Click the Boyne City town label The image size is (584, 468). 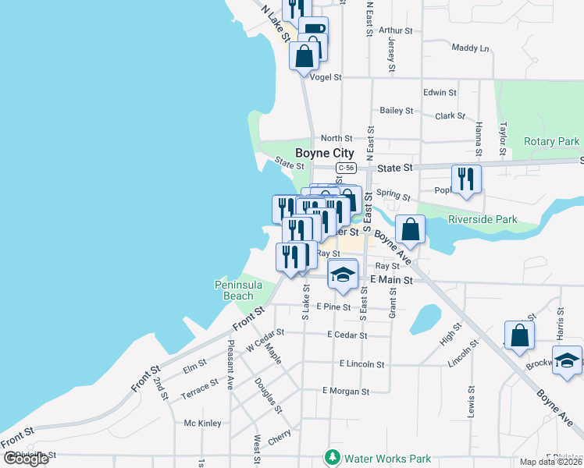point(324,153)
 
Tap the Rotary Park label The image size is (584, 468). point(552,141)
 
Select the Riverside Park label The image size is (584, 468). point(483,220)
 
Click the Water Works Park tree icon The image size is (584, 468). point(333,458)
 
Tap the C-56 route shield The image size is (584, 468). point(347,168)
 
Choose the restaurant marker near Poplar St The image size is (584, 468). point(466,179)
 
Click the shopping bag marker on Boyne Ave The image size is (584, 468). point(410,229)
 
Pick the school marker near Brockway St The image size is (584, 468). point(567,360)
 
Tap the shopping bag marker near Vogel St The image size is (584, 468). point(304,55)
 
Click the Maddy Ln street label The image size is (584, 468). point(470,48)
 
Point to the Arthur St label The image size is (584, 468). point(395,31)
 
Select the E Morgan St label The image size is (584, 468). point(344,390)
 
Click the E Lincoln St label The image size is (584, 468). point(361,363)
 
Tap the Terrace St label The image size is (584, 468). point(200,387)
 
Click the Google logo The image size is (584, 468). point(25,459)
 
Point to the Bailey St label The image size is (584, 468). point(396,111)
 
